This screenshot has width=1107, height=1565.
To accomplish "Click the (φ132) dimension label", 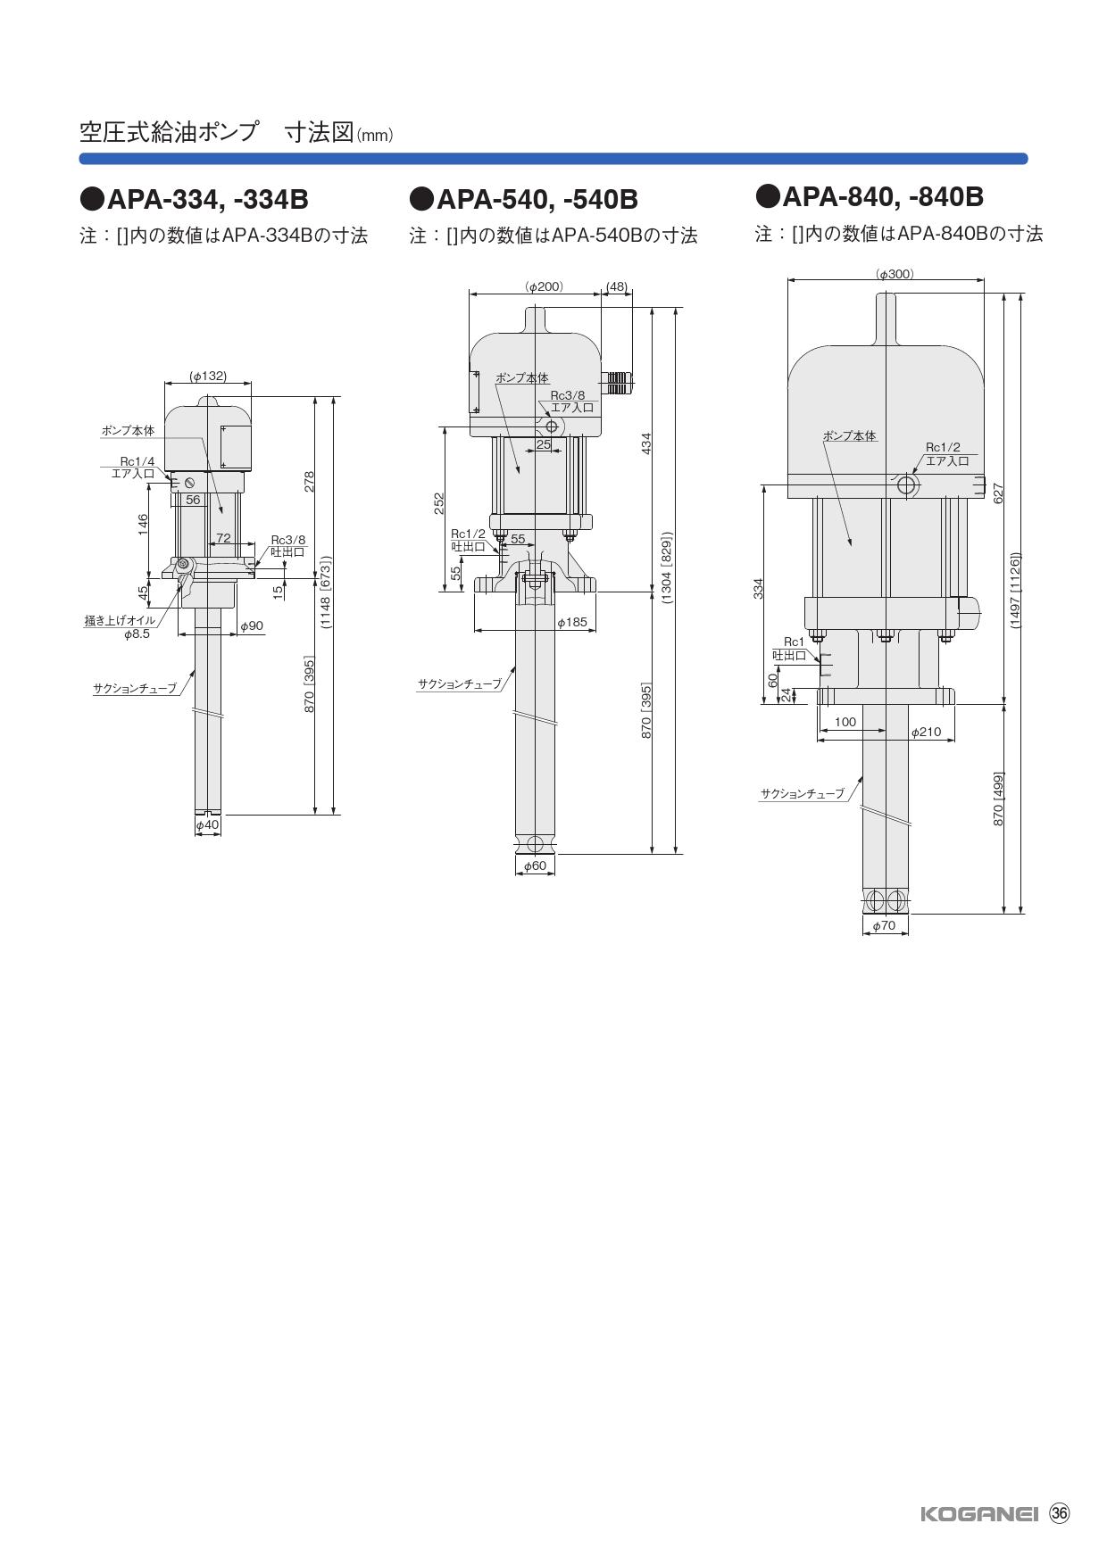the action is click(208, 377).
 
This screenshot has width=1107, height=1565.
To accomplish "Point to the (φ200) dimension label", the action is click(545, 286).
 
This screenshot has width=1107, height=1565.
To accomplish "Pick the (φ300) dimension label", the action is click(895, 274).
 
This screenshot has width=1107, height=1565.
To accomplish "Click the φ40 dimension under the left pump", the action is click(208, 825).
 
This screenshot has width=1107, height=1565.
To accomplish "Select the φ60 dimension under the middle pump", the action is click(535, 865).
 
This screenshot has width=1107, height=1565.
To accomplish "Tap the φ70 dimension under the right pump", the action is click(884, 926).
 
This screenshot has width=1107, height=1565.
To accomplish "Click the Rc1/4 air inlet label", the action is click(137, 461).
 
